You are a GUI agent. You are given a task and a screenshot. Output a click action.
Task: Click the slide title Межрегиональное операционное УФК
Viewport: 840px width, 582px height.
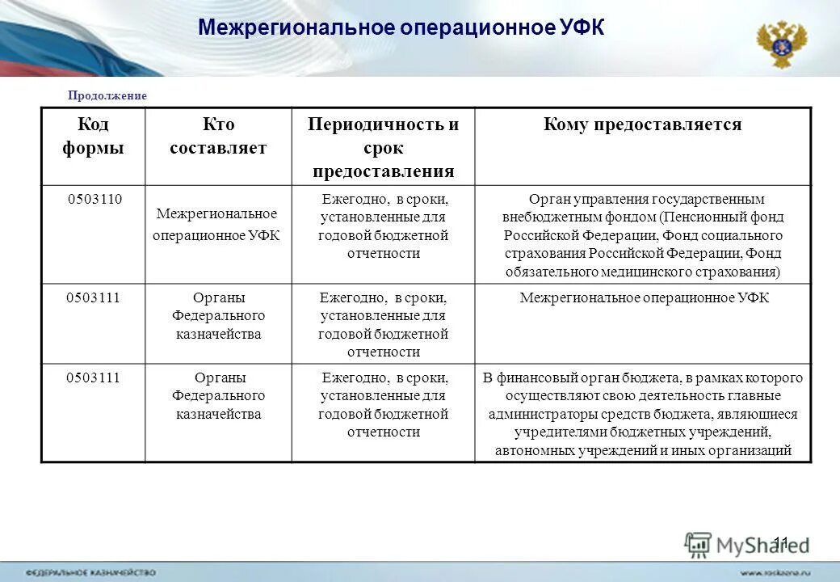coord(401,28)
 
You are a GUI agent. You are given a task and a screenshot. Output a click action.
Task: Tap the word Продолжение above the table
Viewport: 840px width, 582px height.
coord(107,95)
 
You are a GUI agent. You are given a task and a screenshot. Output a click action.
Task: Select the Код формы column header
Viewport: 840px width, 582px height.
coord(93,137)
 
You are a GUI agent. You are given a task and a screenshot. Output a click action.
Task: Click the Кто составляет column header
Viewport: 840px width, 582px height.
coord(218,137)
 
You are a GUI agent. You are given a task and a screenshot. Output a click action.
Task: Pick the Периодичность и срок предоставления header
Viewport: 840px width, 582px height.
coord(383,148)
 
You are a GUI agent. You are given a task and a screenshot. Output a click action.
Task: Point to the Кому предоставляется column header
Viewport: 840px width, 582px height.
coord(642,124)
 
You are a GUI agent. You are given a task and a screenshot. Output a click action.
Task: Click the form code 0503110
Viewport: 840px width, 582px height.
coord(94,199)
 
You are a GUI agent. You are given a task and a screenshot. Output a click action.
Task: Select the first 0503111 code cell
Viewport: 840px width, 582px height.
coord(94,297)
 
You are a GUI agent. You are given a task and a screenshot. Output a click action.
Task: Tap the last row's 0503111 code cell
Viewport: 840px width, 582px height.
coord(94,377)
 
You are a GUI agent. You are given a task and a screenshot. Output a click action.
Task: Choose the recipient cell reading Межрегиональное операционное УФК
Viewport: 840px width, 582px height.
coord(644,298)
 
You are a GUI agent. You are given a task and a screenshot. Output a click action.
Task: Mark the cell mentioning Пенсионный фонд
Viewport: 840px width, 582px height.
coord(643,235)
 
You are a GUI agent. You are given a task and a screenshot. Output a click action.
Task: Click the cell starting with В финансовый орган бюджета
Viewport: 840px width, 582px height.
coord(643,414)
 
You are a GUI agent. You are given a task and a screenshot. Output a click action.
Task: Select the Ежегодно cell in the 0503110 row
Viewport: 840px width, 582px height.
coord(383,226)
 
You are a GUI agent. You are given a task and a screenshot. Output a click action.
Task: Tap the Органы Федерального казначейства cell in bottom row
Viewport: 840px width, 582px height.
coord(218,396)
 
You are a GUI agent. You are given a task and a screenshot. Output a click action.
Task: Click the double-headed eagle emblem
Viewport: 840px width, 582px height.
coord(781,44)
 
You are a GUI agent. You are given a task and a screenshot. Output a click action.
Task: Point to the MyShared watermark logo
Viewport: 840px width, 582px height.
coord(746,545)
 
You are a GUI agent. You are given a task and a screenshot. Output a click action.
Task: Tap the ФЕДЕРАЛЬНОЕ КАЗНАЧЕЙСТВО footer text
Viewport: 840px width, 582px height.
coord(90,572)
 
